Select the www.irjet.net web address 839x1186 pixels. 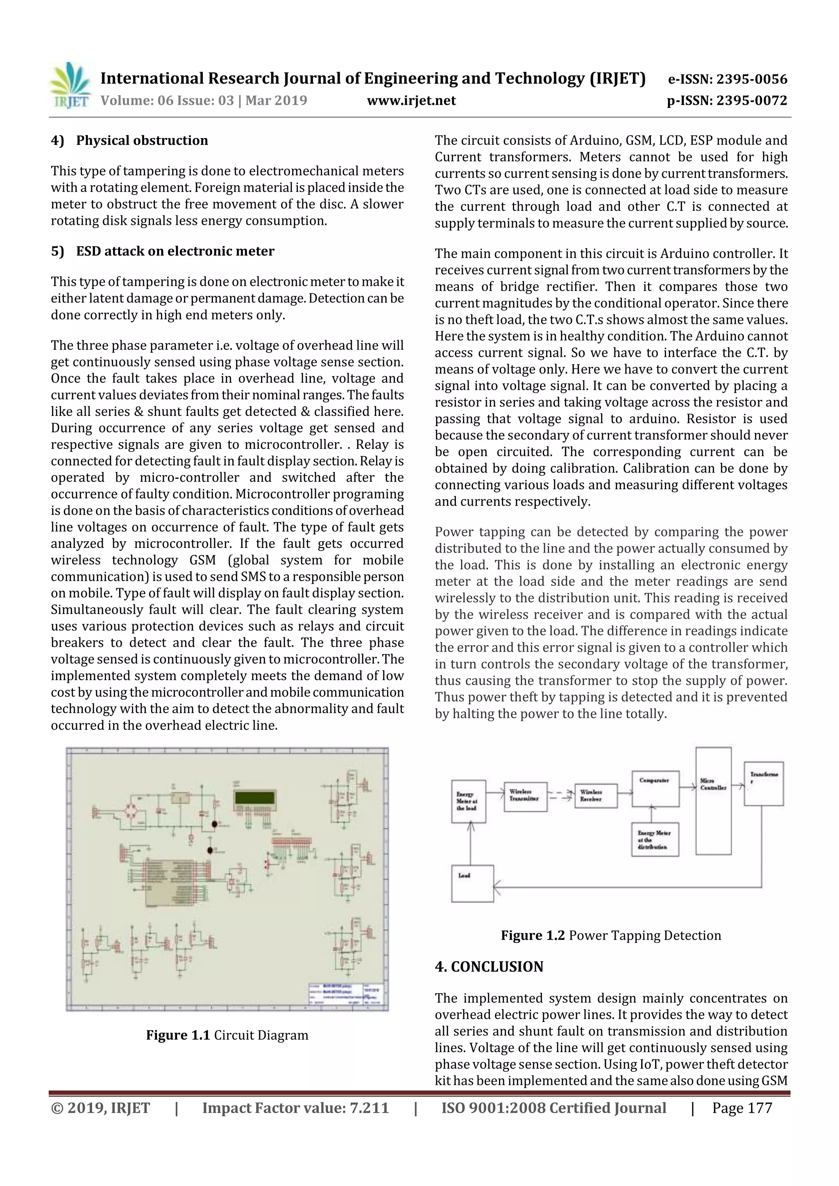(411, 100)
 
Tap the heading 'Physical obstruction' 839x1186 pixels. (142, 140)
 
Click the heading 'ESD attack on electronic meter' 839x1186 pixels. (175, 251)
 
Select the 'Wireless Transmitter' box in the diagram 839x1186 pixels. (525, 797)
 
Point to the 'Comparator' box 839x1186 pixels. (655, 789)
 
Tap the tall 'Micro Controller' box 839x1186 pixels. (713, 801)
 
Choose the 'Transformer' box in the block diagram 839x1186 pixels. (764, 784)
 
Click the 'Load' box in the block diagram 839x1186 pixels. (472, 884)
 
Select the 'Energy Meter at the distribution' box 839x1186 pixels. (655, 840)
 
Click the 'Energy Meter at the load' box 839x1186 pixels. (468, 801)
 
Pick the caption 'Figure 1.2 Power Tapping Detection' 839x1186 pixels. (610, 935)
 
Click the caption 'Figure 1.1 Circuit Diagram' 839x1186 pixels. (227, 1035)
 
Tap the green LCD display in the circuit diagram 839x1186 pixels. (255, 797)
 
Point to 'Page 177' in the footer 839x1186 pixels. (741, 1108)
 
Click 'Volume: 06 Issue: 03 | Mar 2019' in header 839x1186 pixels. (204, 100)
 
